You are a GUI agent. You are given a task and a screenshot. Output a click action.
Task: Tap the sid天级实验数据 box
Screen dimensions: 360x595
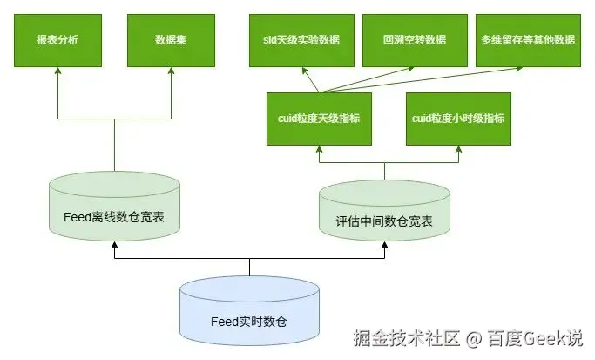(301, 40)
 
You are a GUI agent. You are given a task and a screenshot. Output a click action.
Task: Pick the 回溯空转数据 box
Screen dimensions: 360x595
(414, 40)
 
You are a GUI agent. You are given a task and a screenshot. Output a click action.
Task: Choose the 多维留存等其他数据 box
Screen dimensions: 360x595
(528, 40)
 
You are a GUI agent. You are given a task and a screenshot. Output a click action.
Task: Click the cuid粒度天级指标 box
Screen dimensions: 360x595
(318, 118)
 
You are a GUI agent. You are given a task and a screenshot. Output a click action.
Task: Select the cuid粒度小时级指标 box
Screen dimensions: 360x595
(457, 118)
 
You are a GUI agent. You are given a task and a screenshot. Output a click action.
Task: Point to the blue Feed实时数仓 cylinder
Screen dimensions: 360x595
(249, 313)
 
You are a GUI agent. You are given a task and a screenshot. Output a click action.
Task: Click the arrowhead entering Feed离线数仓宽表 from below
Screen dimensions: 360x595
(115, 248)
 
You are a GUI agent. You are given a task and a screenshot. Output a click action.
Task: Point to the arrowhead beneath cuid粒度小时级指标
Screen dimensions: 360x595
(457, 150)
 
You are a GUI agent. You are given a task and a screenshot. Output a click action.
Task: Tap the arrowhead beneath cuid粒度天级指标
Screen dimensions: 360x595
(318, 150)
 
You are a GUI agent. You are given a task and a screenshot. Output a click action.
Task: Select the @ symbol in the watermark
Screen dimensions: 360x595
(473, 337)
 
